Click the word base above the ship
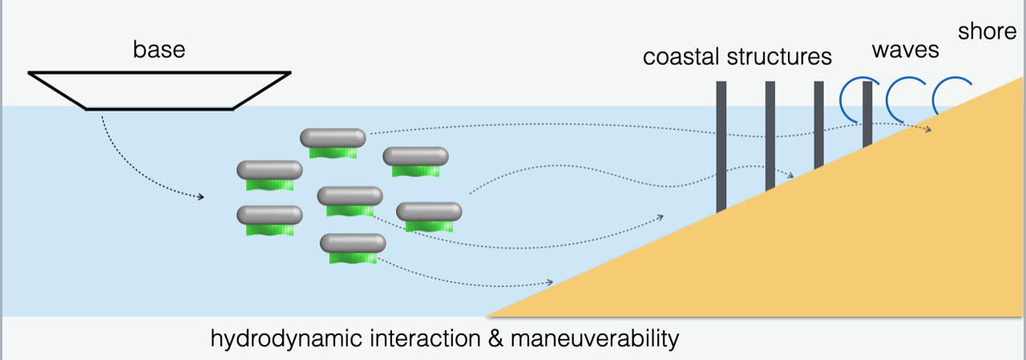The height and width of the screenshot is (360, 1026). (159, 50)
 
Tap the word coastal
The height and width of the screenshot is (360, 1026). (682, 58)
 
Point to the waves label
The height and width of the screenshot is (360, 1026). (905, 50)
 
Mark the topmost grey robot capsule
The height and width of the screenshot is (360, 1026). (333, 138)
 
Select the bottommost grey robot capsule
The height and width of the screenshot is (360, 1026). (353, 242)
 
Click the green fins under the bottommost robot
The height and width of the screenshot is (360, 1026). (353, 257)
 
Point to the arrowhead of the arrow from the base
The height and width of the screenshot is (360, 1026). (200, 196)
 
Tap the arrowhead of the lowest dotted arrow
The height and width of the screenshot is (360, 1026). (550, 281)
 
